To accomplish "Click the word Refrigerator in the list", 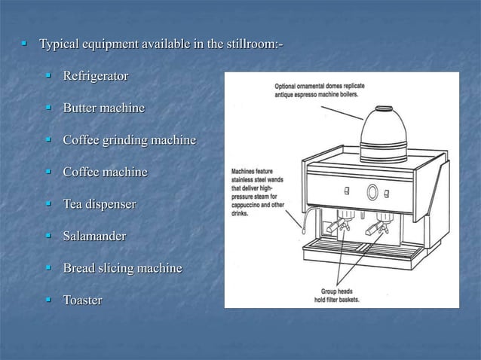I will tap(95, 77).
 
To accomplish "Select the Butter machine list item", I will tap(103, 108).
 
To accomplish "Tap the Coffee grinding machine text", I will tap(129, 141).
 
